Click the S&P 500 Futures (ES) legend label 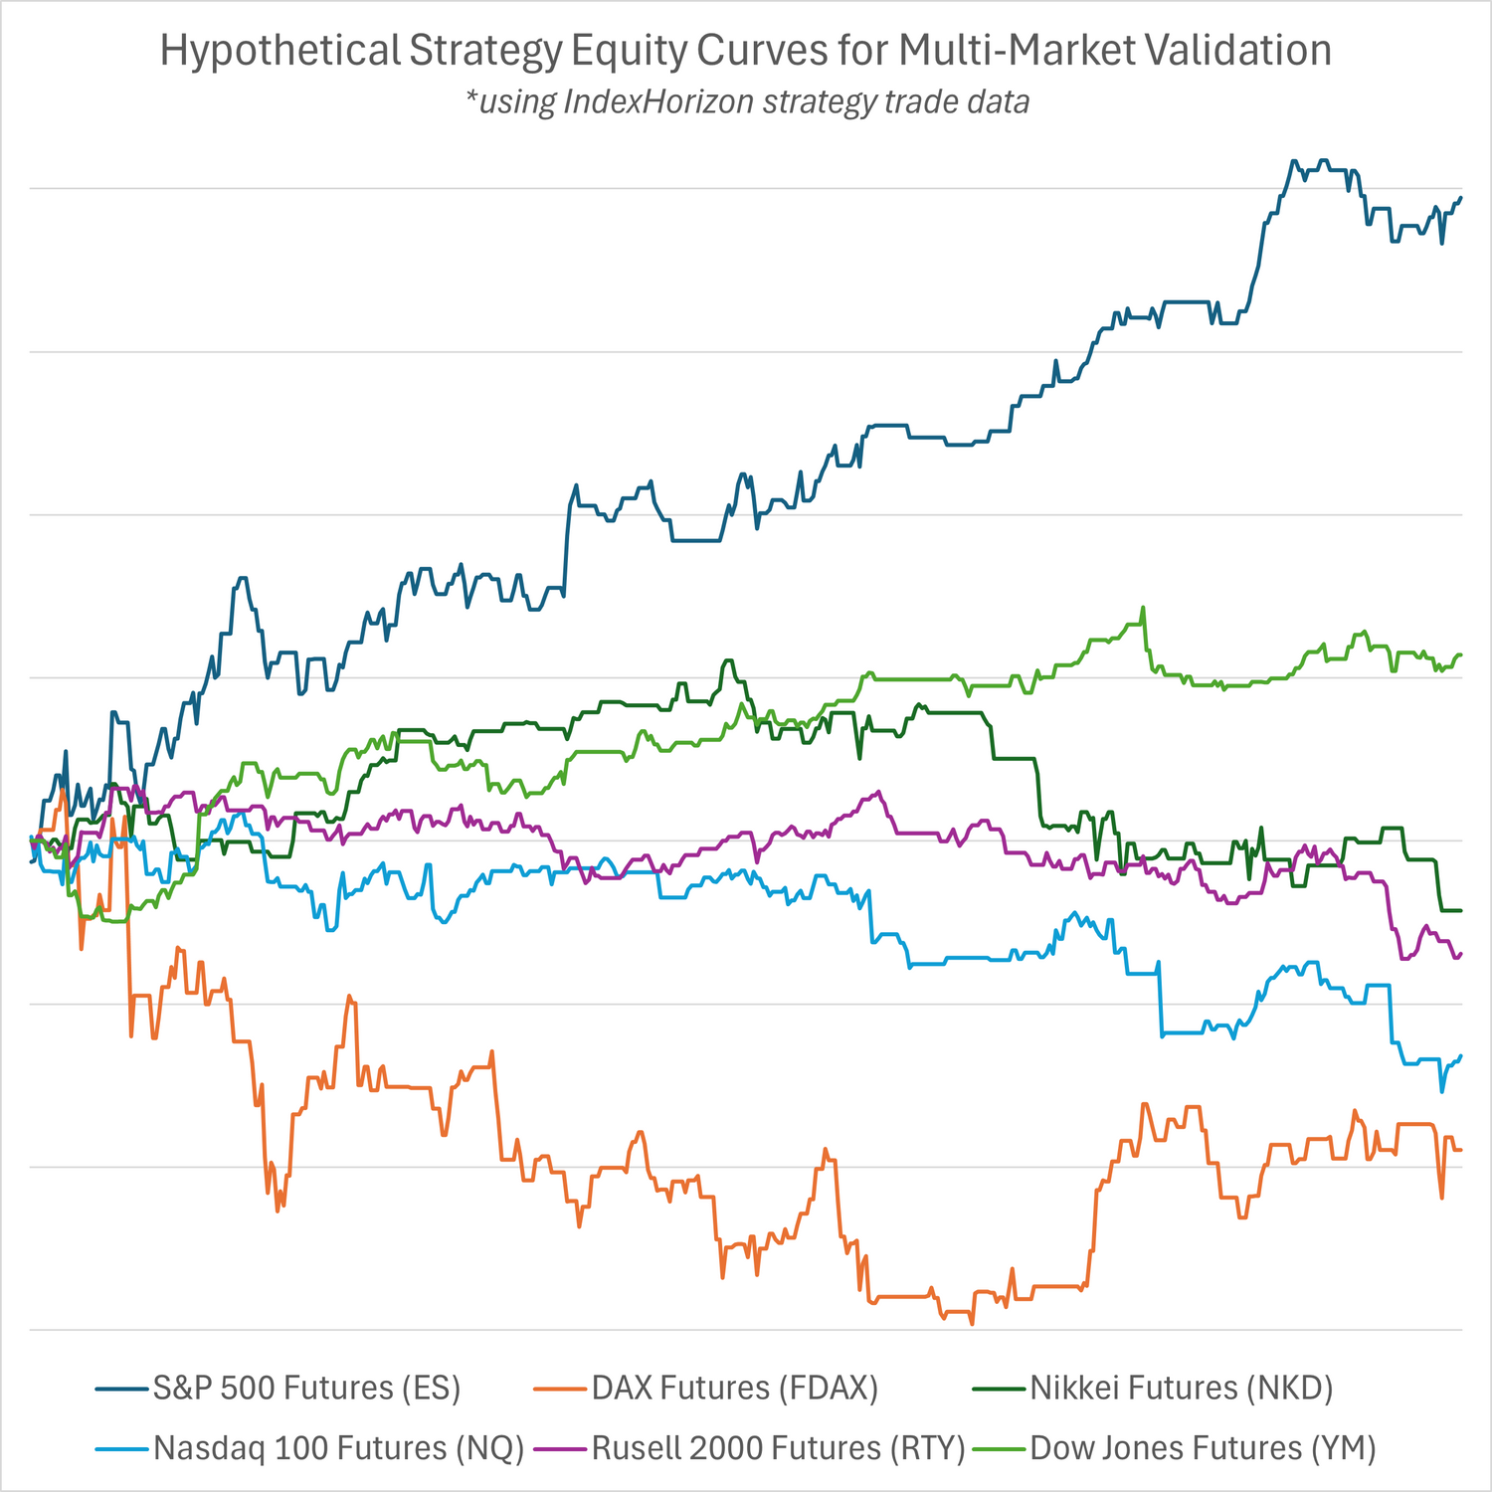(x=306, y=1388)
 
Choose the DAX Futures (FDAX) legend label (x=734, y=1388)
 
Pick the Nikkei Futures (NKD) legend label (x=1181, y=1388)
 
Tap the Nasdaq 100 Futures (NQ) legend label (x=338, y=1448)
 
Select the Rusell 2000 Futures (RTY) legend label (x=778, y=1448)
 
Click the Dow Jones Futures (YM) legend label (x=1203, y=1448)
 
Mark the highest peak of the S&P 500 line (x=1293, y=160)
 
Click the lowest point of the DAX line (x=972, y=1324)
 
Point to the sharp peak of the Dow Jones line (x=1143, y=607)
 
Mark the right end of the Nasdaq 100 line (x=1460, y=1055)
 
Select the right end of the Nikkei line (x=1460, y=910)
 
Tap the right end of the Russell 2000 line (x=1460, y=953)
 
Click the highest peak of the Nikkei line (x=729, y=660)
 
